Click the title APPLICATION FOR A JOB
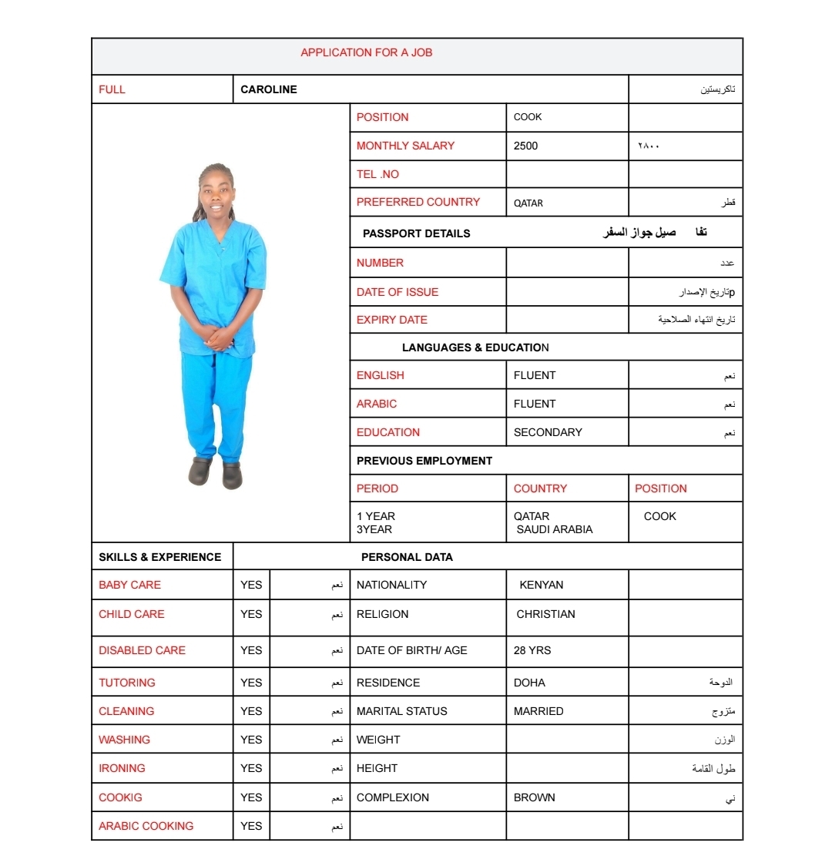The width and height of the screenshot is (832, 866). coord(366,52)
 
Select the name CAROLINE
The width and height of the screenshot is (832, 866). coord(268,89)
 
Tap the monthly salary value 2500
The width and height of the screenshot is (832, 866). coord(525,146)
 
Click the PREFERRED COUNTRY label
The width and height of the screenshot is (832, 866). coord(418,202)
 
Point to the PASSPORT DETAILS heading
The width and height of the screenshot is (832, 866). coord(416,233)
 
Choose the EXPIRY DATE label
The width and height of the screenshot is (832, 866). coord(391,320)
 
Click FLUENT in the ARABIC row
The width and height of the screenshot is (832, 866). coord(534,404)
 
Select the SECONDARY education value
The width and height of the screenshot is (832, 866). coord(548,432)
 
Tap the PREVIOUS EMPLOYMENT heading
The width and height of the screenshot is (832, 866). coord(424,461)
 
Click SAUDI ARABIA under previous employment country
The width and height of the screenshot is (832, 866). coord(555,529)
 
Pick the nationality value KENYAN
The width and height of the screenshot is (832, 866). coord(541,585)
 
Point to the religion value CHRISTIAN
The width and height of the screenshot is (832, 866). coord(545,614)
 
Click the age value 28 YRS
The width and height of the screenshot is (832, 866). coord(532,650)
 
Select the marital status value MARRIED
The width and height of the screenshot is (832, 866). coord(538,711)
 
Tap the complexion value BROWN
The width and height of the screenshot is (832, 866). coord(534,797)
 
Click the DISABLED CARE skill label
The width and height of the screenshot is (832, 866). coord(142,650)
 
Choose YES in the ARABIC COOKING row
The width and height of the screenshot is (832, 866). coord(251,826)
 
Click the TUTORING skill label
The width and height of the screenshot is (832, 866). coord(126,683)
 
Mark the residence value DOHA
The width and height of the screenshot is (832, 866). coord(529,683)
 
